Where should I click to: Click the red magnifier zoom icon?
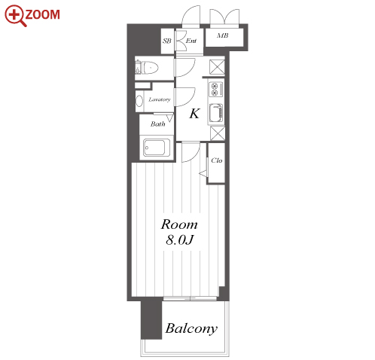tap(15, 16)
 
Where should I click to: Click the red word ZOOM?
tap(42, 14)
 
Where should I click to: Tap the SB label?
tap(167, 41)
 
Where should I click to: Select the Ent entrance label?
tap(191, 41)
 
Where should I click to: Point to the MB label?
tap(223, 35)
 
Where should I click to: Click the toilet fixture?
tap(147, 68)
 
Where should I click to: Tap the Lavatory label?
tap(160, 99)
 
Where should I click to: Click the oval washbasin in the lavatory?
tap(139, 101)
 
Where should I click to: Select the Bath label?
tap(157, 124)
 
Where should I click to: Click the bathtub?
tap(154, 148)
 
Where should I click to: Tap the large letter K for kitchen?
tap(194, 114)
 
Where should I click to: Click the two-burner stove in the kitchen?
tap(216, 90)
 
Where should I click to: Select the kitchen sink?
tap(216, 113)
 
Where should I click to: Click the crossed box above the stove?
tap(217, 66)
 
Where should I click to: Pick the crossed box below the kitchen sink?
tap(218, 133)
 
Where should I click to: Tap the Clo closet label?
tap(217, 160)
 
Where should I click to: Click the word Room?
tap(179, 224)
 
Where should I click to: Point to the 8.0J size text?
tap(180, 239)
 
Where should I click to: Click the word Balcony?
tap(191, 328)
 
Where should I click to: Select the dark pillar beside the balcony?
tap(151, 319)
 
